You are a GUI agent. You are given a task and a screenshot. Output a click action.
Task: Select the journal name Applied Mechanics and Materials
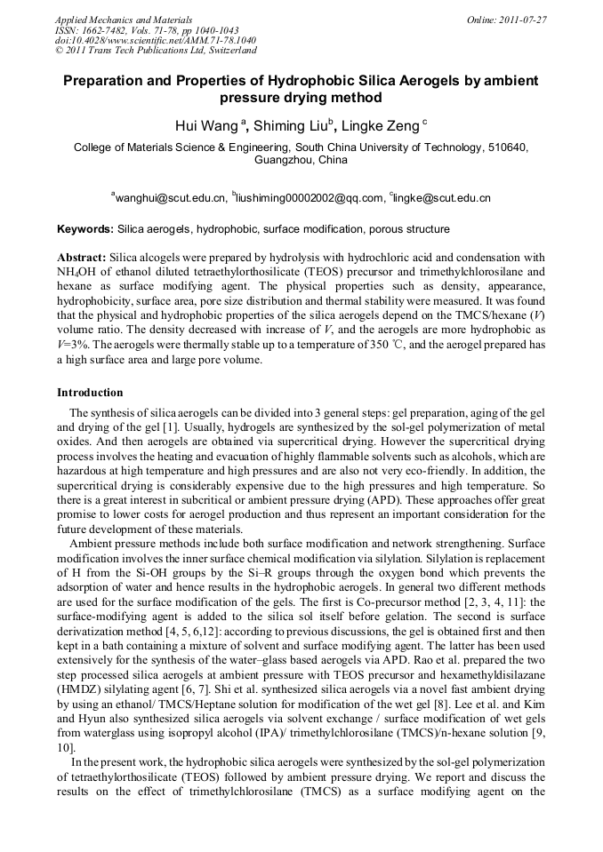(x=123, y=20)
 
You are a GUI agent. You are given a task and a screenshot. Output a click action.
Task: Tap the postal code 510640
(x=504, y=147)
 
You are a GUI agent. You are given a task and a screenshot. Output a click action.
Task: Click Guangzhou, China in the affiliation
(x=301, y=161)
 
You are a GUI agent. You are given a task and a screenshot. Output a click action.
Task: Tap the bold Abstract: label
(x=82, y=257)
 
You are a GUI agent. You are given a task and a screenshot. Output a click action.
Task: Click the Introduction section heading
(x=90, y=392)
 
